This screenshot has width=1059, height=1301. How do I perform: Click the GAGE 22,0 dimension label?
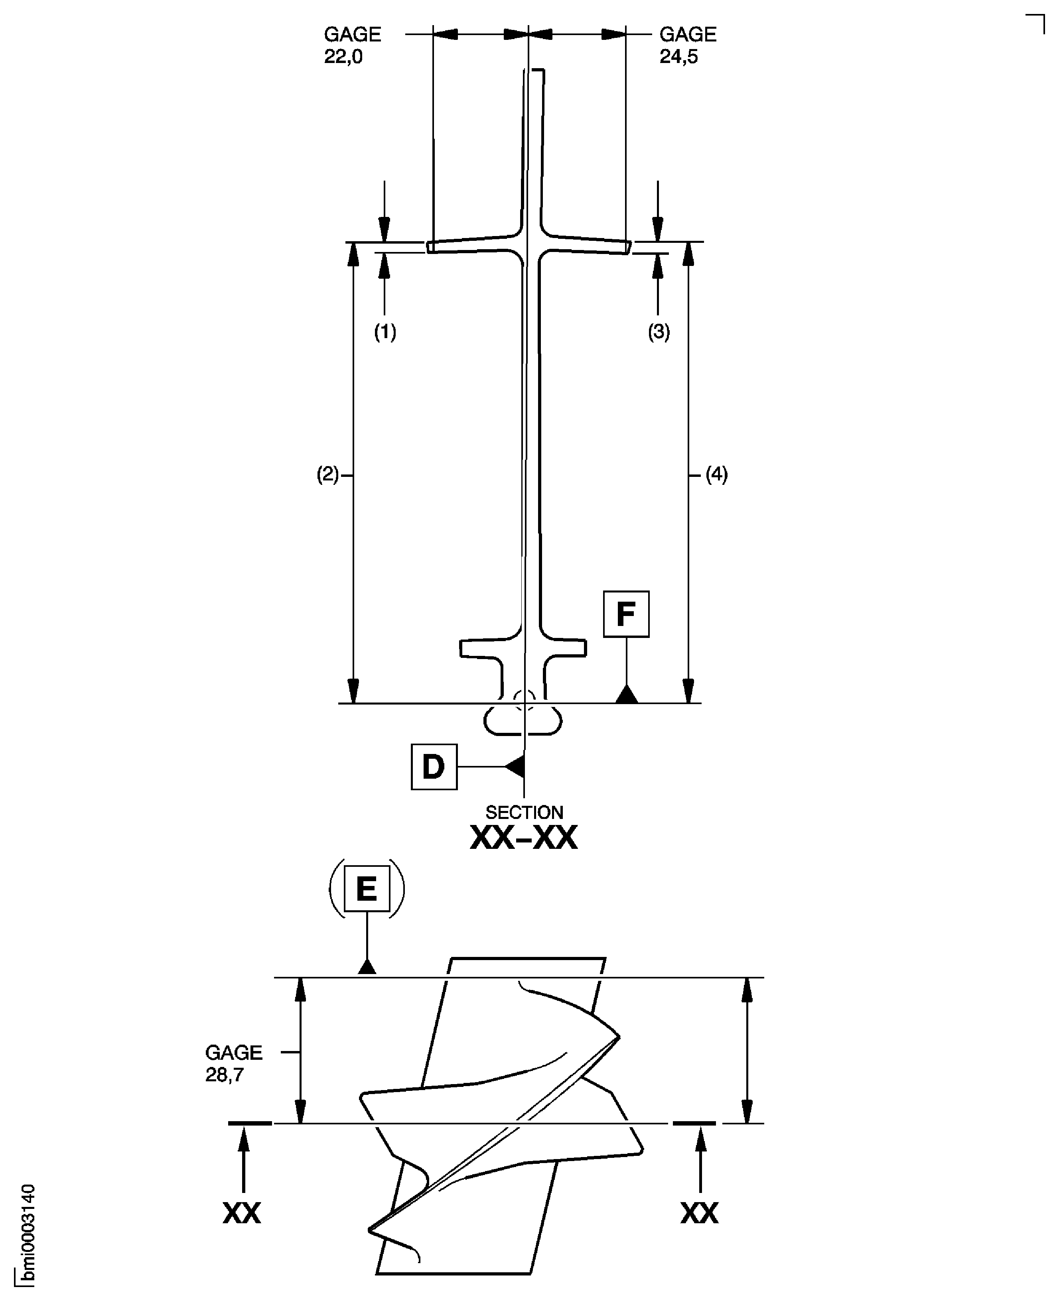[x=352, y=45]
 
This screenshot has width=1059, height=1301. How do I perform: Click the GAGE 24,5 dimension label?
[x=688, y=45]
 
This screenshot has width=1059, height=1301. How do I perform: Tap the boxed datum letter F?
[x=626, y=614]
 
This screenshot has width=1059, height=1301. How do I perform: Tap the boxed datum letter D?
[x=434, y=766]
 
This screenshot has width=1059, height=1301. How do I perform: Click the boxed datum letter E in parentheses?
[x=367, y=888]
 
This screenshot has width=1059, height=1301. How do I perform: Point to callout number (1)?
[x=385, y=332]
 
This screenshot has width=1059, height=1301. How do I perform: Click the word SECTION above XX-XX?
[x=524, y=812]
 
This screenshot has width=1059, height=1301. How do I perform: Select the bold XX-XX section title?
[x=523, y=838]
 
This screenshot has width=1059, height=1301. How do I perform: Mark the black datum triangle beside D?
[x=515, y=766]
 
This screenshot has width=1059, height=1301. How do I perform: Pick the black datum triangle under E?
[x=367, y=967]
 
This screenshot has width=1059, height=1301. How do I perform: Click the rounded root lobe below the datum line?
[x=523, y=721]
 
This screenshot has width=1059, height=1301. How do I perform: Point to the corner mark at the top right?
[x=1037, y=23]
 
